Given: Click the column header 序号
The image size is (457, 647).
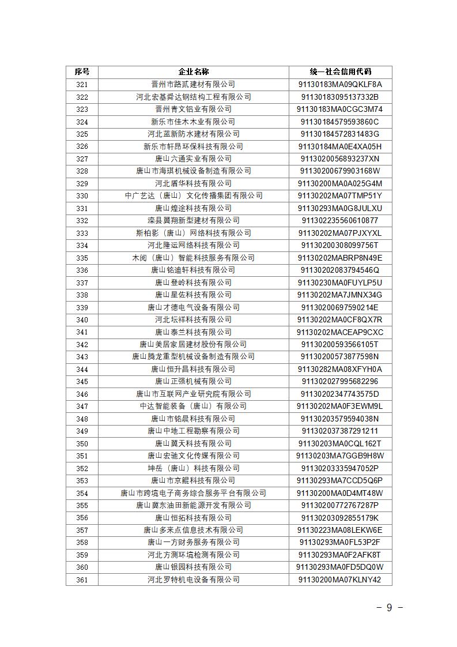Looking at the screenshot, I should [x=82, y=72].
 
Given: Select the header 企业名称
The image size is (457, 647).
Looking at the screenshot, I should [x=193, y=72].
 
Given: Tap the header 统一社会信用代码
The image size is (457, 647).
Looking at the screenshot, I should [x=340, y=72].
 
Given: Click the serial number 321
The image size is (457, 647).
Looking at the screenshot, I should [x=82, y=85].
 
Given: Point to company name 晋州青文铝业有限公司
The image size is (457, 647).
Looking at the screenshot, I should [x=193, y=110].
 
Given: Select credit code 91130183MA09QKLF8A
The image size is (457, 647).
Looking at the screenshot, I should [x=340, y=85].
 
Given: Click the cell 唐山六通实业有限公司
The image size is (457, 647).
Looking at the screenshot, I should [x=193, y=159].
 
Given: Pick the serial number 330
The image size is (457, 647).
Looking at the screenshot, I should [x=82, y=196].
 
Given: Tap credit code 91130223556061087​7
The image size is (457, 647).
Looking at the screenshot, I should [x=340, y=220].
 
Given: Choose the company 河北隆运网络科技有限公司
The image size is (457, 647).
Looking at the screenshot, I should [x=193, y=245].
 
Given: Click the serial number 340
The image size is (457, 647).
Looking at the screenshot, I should [x=82, y=320].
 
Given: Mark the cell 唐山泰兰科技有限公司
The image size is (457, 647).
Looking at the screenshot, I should [x=193, y=332].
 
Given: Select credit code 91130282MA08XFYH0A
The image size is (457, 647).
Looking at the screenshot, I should [x=340, y=369].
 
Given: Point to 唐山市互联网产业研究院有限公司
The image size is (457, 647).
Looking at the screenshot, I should [x=193, y=394].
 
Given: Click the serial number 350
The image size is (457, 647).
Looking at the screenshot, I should [x=82, y=443].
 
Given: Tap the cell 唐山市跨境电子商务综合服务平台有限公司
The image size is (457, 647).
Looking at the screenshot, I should [x=193, y=493].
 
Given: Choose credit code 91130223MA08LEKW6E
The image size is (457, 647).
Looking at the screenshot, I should [x=340, y=530].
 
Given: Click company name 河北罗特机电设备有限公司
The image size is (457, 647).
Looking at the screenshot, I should [x=193, y=580].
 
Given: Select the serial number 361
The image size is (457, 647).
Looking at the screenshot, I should [x=82, y=580].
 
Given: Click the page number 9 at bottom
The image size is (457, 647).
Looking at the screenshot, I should [x=389, y=608].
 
